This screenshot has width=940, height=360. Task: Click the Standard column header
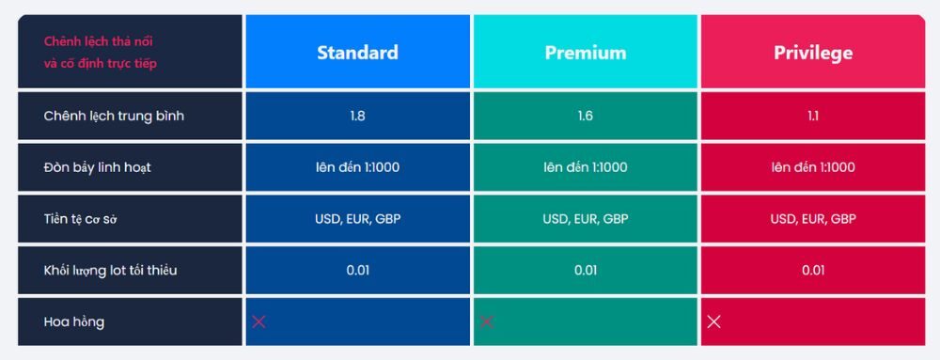[357, 53]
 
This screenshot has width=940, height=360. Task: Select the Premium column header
[585, 53]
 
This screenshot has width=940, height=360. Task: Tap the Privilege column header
[813, 53]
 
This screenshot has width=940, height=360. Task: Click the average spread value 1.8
[357, 117]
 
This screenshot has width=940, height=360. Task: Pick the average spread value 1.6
[585, 117]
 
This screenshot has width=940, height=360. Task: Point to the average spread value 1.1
[813, 117]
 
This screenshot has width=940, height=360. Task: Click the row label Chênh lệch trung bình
[114, 117]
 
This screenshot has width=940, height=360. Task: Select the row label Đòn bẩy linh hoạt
[97, 167]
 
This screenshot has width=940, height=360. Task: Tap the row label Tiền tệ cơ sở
[86, 219]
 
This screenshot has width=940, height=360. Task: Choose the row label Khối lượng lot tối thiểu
[110, 271]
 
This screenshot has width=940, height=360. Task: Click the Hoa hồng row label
[73, 321]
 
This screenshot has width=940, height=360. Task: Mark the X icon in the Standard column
[259, 321]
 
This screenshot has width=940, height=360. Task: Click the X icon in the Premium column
[487, 321]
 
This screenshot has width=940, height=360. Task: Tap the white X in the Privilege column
[714, 321]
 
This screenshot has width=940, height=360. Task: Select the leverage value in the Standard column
[357, 167]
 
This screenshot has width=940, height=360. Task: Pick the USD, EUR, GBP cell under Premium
[585, 219]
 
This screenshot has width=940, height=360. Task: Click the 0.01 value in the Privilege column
[813, 271]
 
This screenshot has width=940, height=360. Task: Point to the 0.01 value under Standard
[357, 271]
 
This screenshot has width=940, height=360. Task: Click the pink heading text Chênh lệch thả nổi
[100, 41]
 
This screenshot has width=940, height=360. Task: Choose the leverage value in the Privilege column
[813, 167]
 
